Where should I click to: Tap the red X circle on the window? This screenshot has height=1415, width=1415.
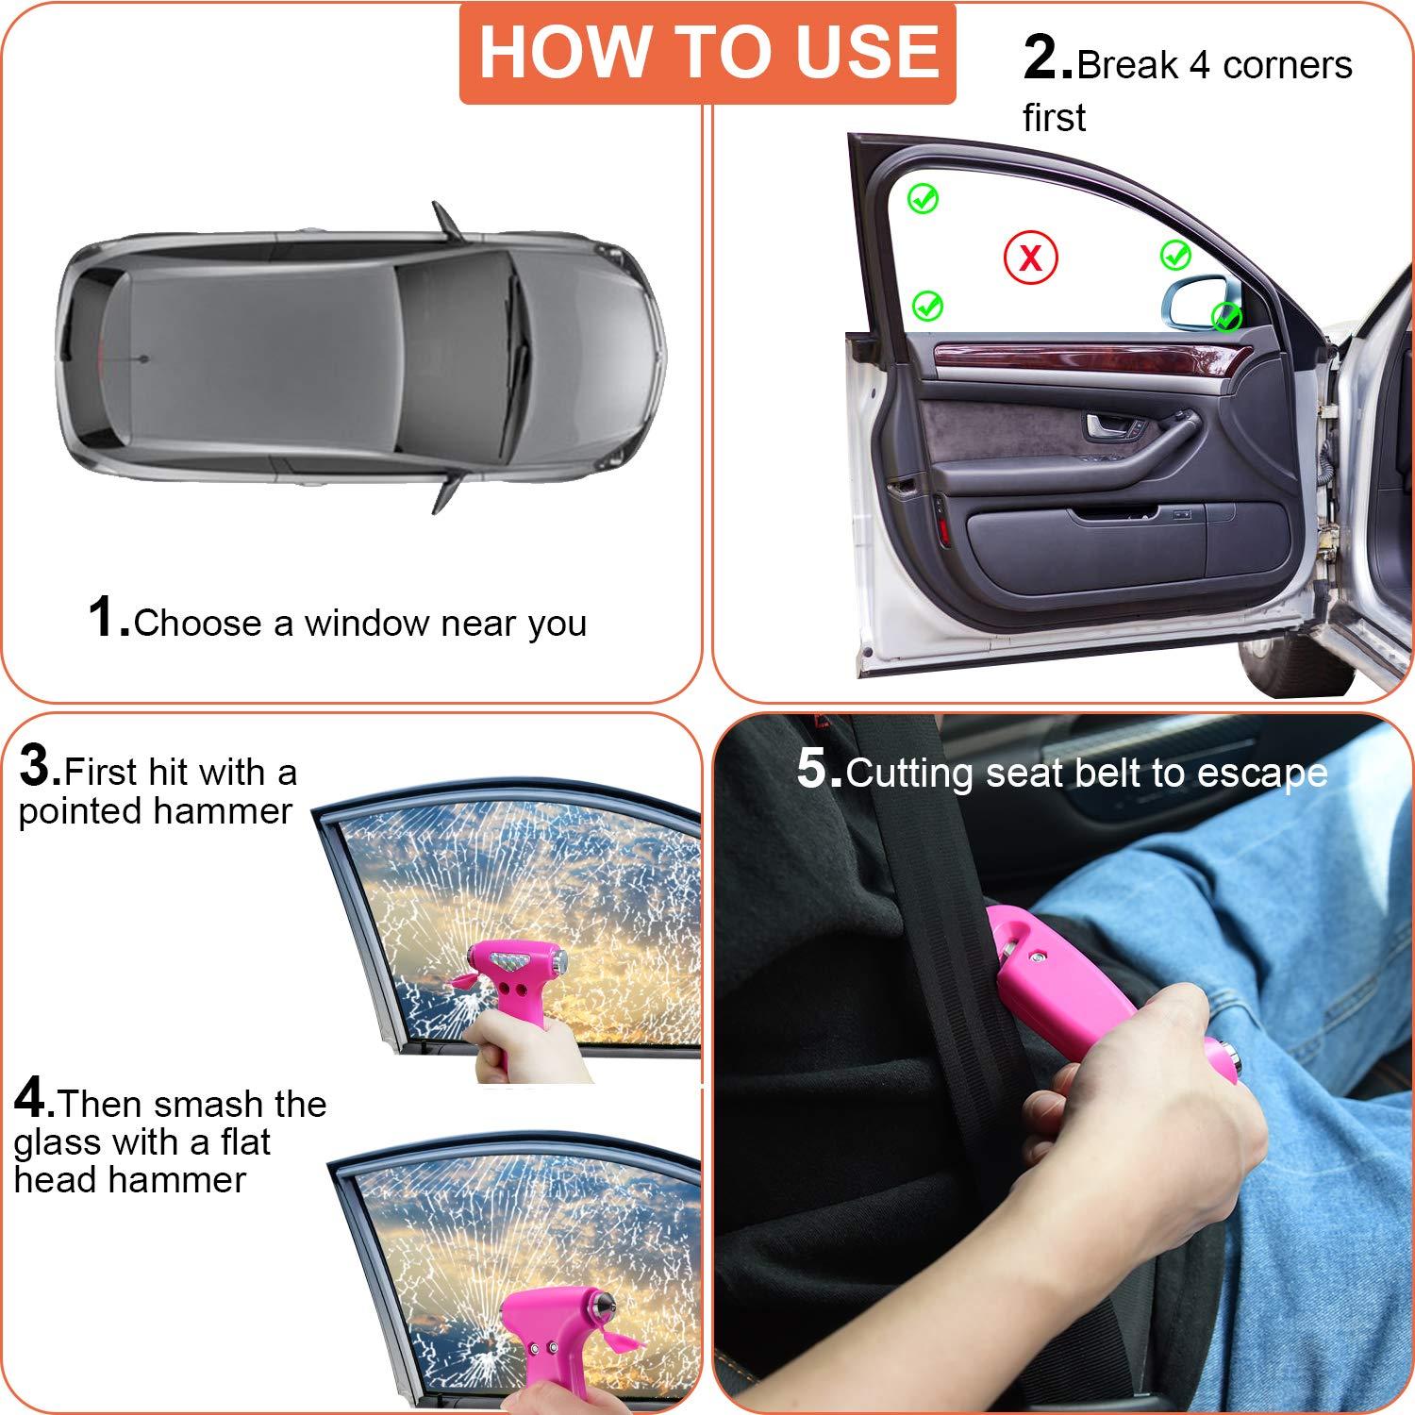(x=1030, y=257)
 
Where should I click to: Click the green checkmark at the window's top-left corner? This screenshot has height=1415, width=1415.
(x=923, y=198)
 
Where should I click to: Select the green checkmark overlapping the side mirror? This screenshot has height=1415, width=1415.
(x=1226, y=317)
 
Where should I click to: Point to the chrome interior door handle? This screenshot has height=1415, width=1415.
(x=1109, y=426)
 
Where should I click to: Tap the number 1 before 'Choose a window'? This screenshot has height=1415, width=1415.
(x=107, y=618)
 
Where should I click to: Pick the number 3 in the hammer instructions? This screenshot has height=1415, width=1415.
(x=38, y=766)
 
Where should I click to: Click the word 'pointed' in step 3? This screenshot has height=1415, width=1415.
(x=73, y=812)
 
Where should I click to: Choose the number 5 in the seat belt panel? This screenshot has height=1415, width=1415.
(x=816, y=768)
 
